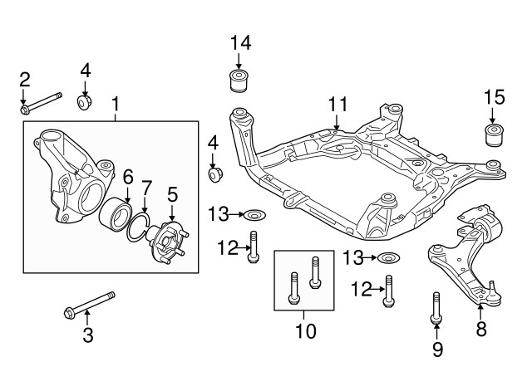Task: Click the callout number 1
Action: tap(116, 105)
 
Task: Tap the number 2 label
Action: tap(25, 80)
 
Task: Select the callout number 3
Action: tap(87, 336)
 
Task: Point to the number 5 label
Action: tap(172, 195)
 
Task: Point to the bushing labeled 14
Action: tap(240, 81)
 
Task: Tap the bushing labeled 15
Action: tap(495, 134)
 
